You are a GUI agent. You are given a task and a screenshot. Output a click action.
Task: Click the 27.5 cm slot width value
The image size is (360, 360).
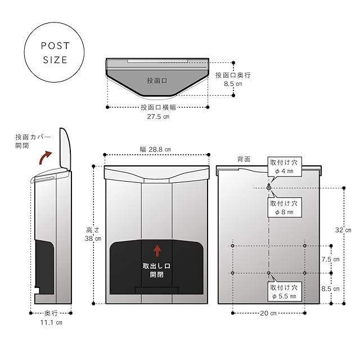coord(157,117)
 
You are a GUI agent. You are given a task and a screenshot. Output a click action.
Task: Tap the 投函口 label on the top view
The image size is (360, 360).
coord(157,81)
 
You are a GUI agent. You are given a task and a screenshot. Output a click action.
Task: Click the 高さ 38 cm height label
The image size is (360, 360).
coord(93,234)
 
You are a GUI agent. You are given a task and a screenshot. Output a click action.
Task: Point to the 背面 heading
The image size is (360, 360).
coord(244,160)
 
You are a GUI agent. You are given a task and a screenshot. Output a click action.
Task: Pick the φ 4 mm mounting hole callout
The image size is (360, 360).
coord(286,167)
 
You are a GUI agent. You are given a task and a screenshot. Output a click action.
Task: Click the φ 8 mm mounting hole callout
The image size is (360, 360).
coord(286,208)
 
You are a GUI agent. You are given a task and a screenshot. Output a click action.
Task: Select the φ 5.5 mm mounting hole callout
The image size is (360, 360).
coord(286,291)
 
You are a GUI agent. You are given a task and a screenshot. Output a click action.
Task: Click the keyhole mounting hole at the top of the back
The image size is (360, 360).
coord(269,187)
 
